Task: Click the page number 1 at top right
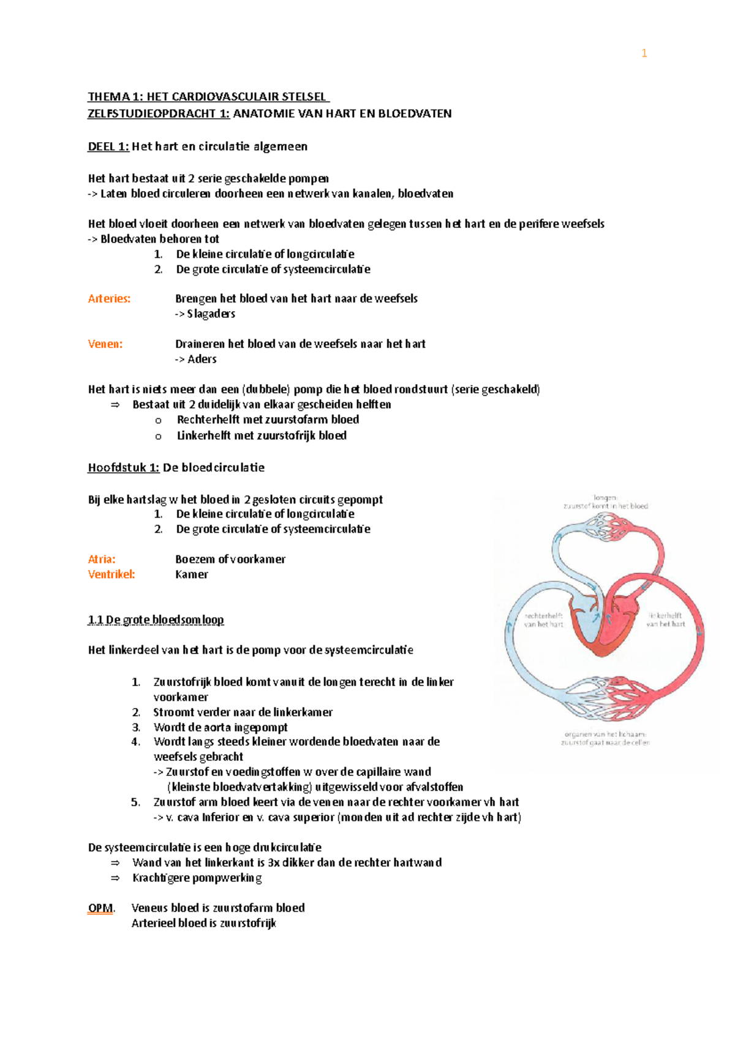pyautogui.click(x=644, y=53)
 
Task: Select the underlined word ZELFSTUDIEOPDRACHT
pyautogui.click(x=151, y=113)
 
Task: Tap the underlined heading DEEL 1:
pyautogui.click(x=108, y=146)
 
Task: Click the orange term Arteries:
pyautogui.click(x=109, y=299)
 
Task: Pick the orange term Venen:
pyautogui.click(x=105, y=344)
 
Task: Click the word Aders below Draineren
pyautogui.click(x=202, y=360)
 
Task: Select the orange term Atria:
pyautogui.click(x=102, y=559)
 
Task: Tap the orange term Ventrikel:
pyautogui.click(x=111, y=575)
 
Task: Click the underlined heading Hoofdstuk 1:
pyautogui.click(x=124, y=468)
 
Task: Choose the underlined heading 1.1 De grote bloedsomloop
pyautogui.click(x=156, y=620)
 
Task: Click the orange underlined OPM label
pyautogui.click(x=100, y=908)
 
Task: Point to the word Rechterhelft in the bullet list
pyautogui.click(x=206, y=420)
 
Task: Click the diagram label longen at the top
pyautogui.click(x=605, y=498)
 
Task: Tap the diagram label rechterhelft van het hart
pyautogui.click(x=543, y=620)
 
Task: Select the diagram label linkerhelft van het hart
pyautogui.click(x=666, y=619)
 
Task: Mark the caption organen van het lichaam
pyautogui.click(x=605, y=734)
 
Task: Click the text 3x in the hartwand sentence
pyautogui.click(x=274, y=862)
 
